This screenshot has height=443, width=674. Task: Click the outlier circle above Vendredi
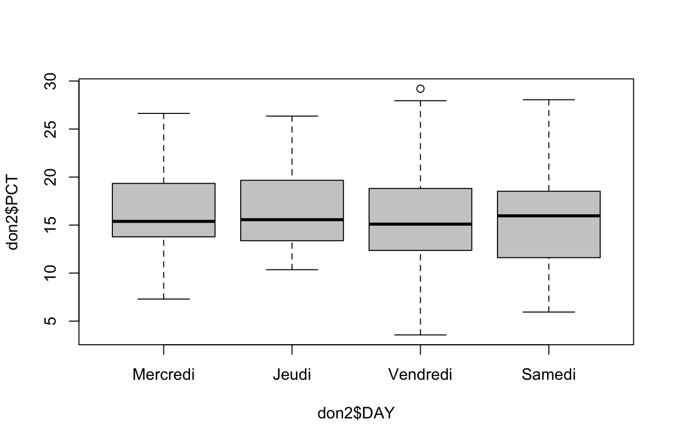tap(420, 89)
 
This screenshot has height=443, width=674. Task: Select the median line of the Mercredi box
tap(163, 221)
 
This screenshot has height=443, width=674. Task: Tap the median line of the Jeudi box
tap(292, 219)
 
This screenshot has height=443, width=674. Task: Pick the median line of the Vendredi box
tap(420, 224)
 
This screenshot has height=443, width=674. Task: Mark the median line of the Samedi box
tap(549, 216)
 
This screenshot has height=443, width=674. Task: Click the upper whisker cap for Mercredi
tap(163, 113)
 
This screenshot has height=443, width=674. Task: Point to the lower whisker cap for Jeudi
tap(292, 269)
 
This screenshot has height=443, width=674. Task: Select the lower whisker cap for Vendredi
tap(420, 335)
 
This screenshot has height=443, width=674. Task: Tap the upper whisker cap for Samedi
tap(549, 100)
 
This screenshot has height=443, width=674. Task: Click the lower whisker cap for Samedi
tap(549, 312)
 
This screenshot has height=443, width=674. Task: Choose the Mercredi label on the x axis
tap(163, 375)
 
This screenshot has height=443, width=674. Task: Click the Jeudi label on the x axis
tap(292, 375)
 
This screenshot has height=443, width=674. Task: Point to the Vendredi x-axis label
tap(420, 375)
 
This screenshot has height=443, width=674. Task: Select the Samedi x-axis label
tap(549, 375)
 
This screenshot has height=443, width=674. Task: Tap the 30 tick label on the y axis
tap(50, 81)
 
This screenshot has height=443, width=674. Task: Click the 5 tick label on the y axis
tap(50, 321)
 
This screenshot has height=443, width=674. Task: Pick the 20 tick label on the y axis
tap(50, 177)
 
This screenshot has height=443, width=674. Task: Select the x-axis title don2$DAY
tap(356, 413)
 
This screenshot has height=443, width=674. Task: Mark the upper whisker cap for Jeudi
tap(292, 116)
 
